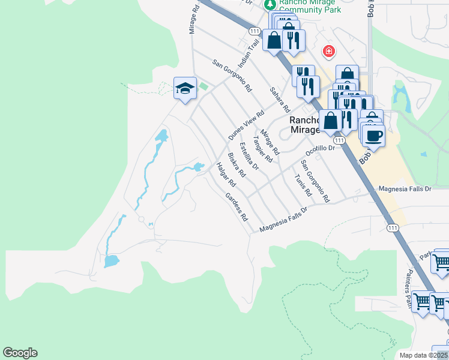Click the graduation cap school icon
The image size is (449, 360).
pos(185,89)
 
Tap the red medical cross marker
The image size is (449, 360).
pos(328,51)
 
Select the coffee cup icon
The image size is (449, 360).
pos(373,135)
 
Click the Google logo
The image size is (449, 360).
pos(20,353)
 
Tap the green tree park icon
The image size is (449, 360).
pos(270,4)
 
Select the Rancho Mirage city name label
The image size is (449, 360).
pos(308,124)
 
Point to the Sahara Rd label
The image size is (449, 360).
pos(280,100)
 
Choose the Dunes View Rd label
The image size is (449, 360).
pos(246,125)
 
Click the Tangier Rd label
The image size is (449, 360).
pos(263,149)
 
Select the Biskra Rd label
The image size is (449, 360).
pos(237,165)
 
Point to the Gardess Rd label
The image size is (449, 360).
pos(237,207)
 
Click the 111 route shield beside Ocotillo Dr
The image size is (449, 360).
pos(339,140)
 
